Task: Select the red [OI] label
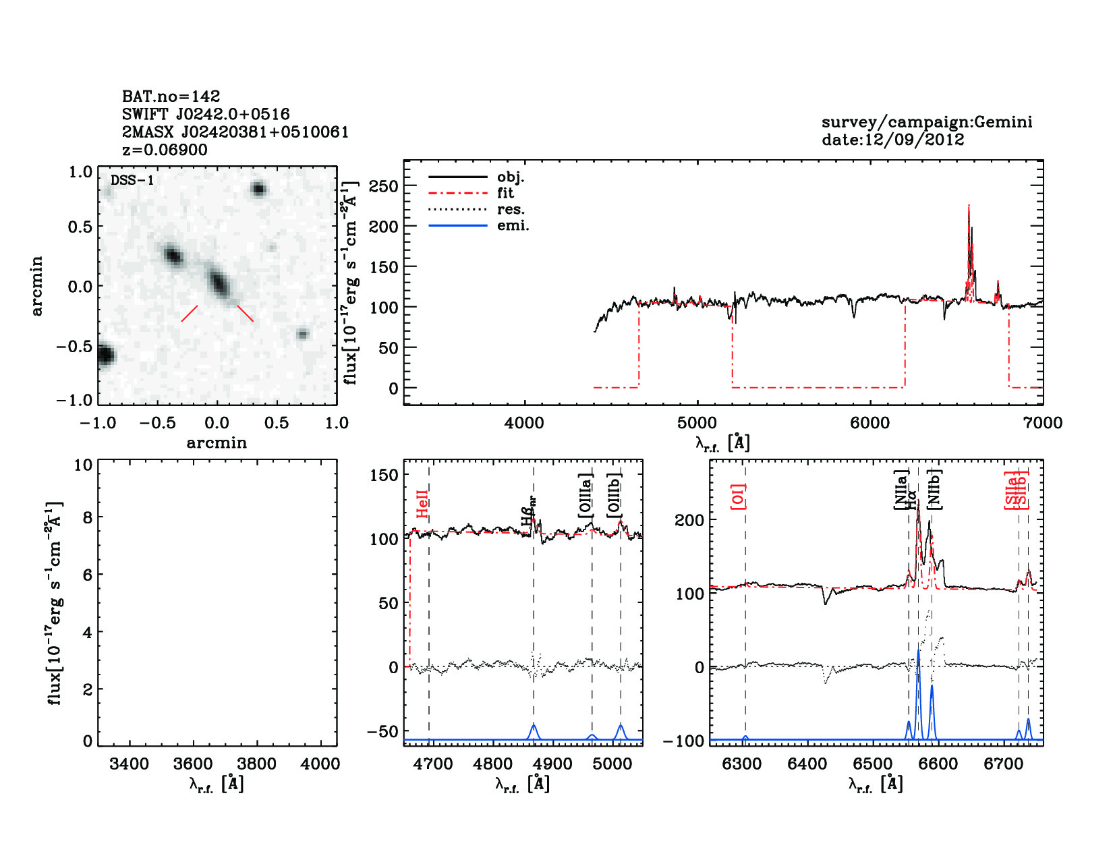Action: pyautogui.click(x=738, y=496)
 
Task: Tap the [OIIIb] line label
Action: pyautogui.click(x=614, y=495)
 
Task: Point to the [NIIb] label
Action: pyautogui.click(x=934, y=490)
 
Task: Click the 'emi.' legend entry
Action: pyautogui.click(x=513, y=226)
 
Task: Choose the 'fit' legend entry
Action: pyautogui.click(x=505, y=193)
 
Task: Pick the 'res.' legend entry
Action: pyautogui.click(x=511, y=209)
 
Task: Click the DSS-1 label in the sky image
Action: pyautogui.click(x=132, y=180)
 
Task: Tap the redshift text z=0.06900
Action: pyautogui.click(x=165, y=150)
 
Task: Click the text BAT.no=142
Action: pyautogui.click(x=171, y=96)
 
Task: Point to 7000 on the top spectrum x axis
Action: pyautogui.click(x=1043, y=423)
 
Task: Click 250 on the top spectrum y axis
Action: pyautogui.click(x=383, y=186)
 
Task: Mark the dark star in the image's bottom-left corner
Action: pyautogui.click(x=105, y=355)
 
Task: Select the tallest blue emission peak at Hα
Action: pyautogui.click(x=918, y=653)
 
